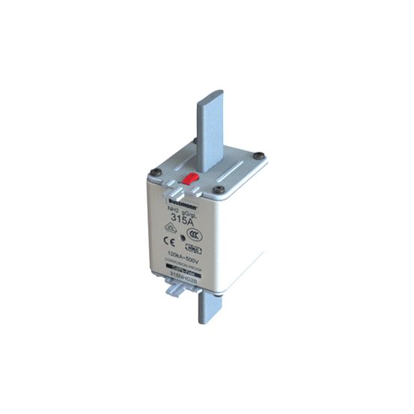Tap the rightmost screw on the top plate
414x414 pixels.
[x=258, y=156]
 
